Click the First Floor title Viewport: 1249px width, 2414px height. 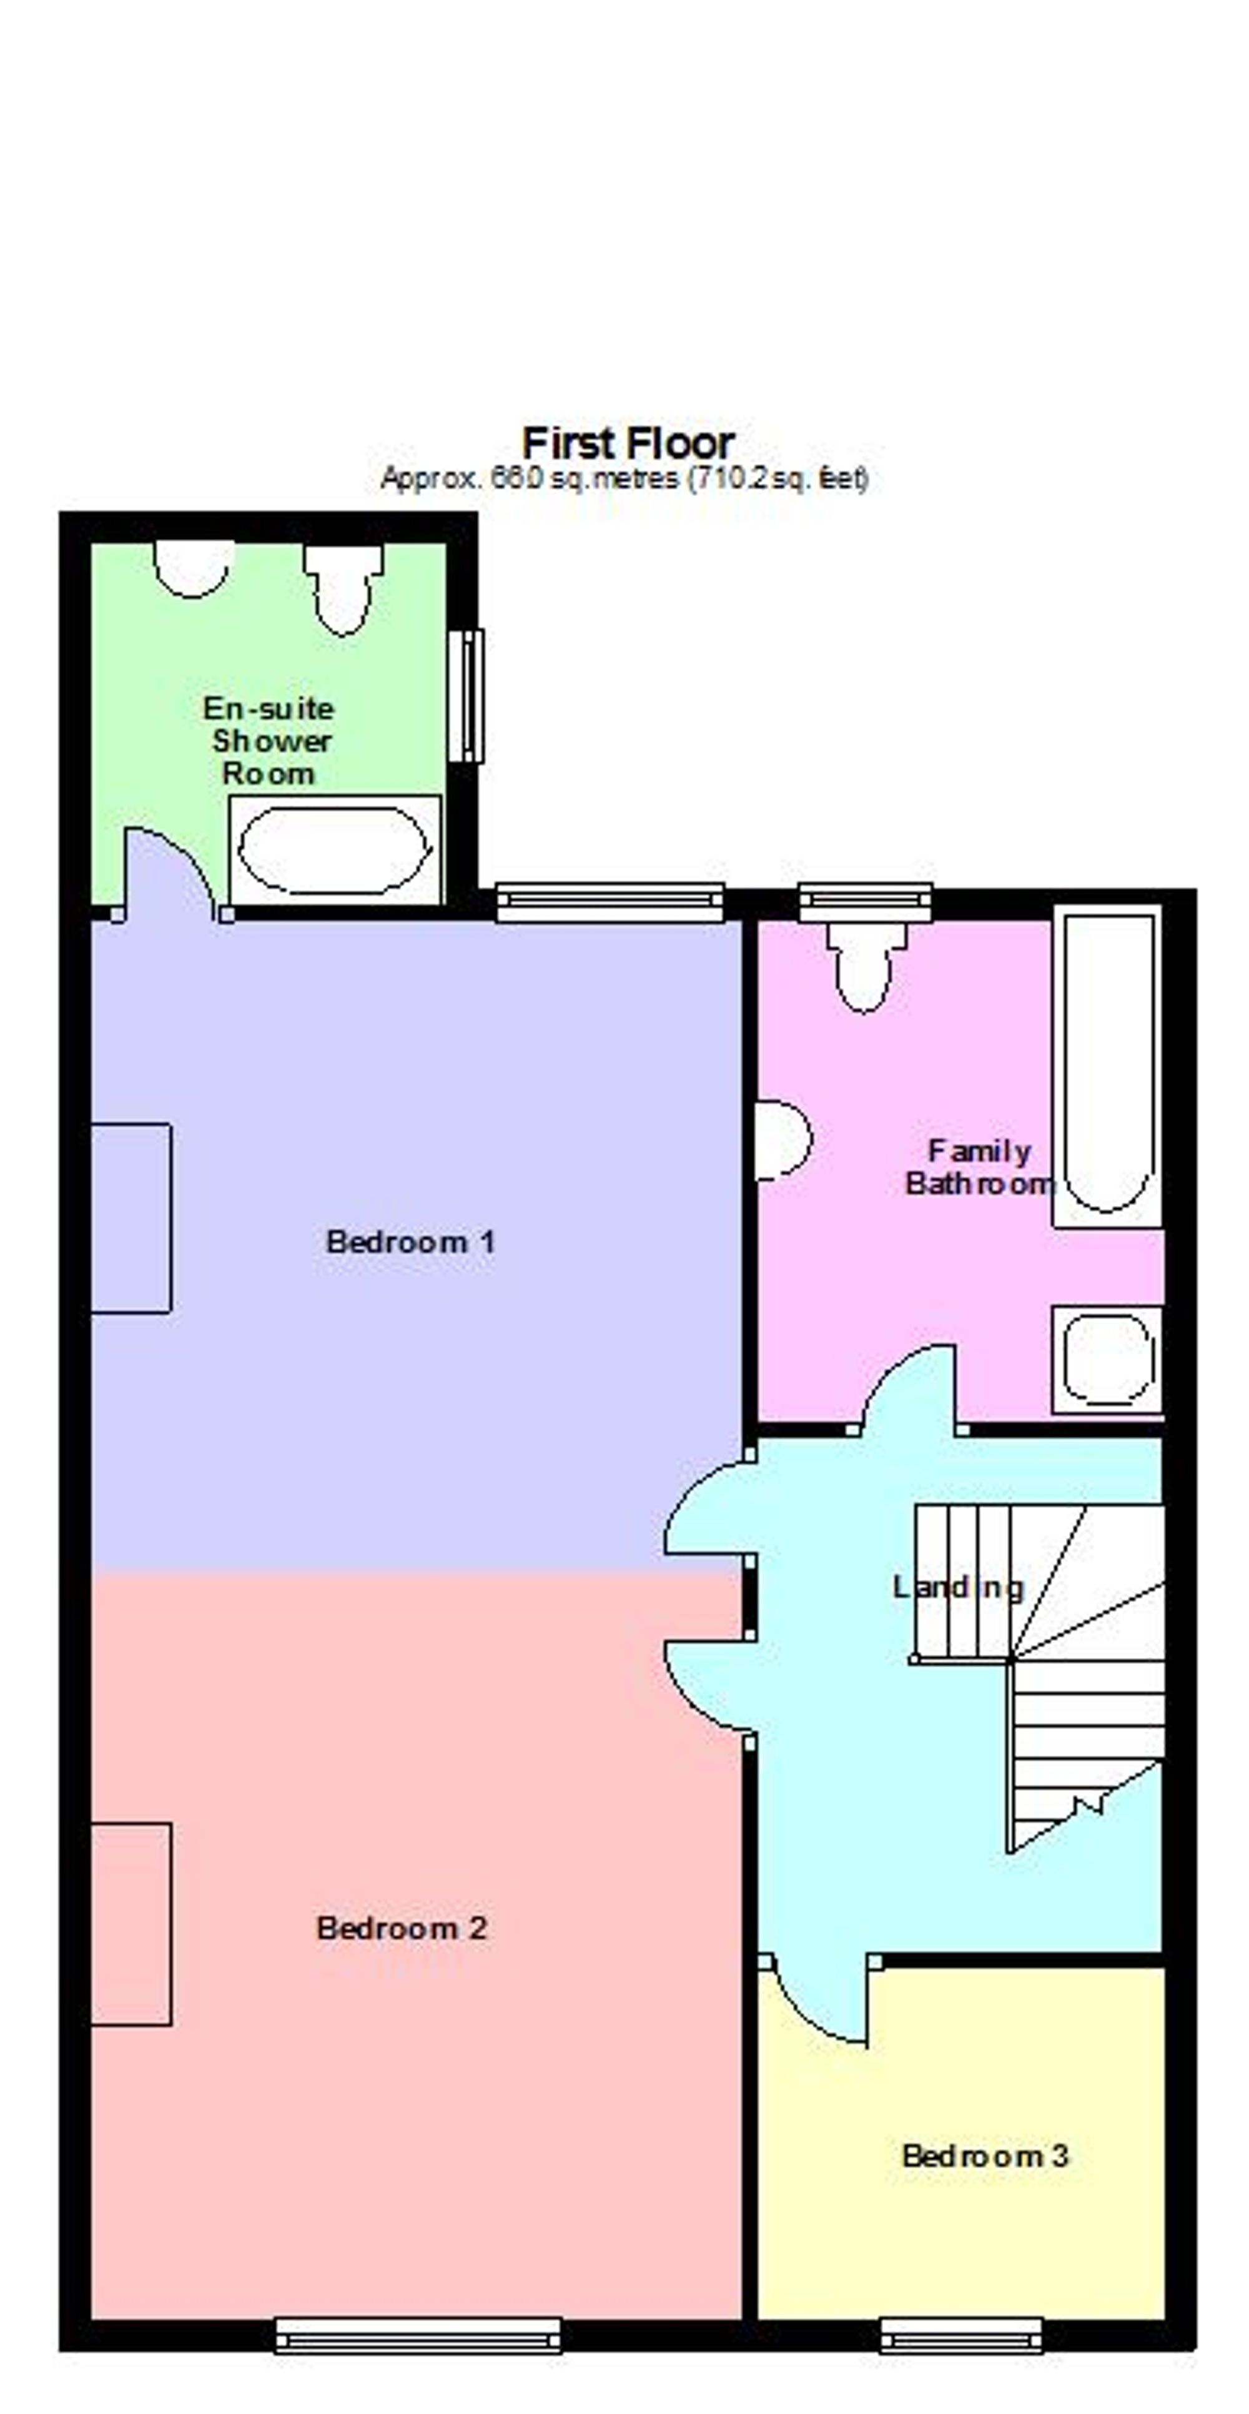627,442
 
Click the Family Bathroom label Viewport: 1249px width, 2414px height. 979,1167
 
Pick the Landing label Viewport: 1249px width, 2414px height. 957,1586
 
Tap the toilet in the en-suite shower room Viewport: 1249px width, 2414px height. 343,588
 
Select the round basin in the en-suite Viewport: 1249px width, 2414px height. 193,568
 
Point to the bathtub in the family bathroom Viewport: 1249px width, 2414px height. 1107,1066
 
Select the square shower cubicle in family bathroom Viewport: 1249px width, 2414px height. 1107,1360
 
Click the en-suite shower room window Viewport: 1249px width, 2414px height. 466,695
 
